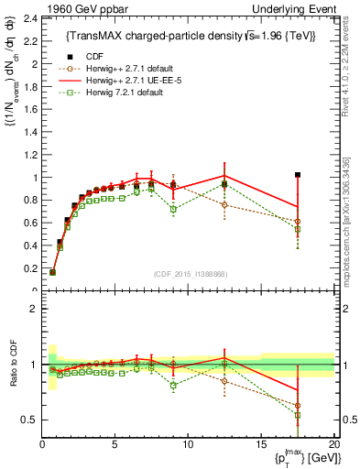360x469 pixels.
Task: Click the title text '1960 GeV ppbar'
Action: (x=76, y=8)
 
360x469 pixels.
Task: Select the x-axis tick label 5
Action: (x=115, y=443)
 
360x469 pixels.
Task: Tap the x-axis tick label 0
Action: (x=42, y=443)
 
